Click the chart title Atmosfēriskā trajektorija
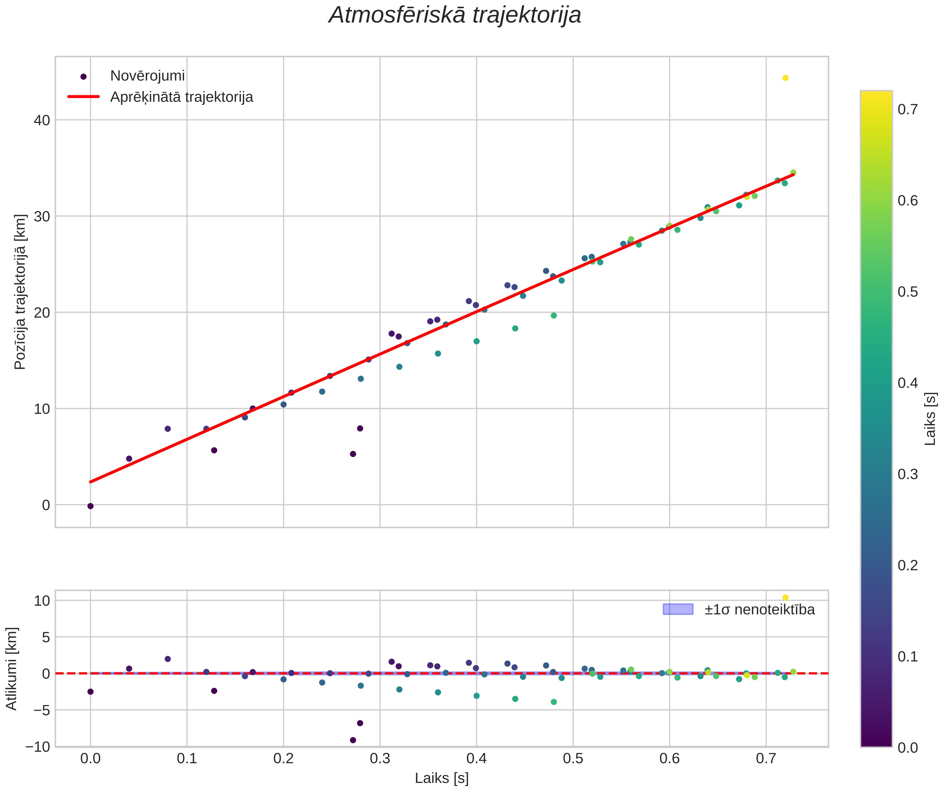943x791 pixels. [x=455, y=16]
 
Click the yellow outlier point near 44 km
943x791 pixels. [x=786, y=78]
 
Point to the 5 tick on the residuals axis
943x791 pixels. [x=46, y=637]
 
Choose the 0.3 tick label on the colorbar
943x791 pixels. [x=907, y=474]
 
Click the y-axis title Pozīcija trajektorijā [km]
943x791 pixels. [x=20, y=292]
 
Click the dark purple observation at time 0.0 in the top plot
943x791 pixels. [x=90, y=506]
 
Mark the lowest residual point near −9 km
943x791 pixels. [x=353, y=740]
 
